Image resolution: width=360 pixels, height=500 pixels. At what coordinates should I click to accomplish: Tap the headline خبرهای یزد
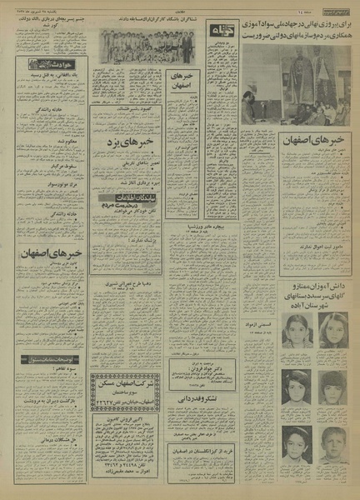[133, 146]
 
